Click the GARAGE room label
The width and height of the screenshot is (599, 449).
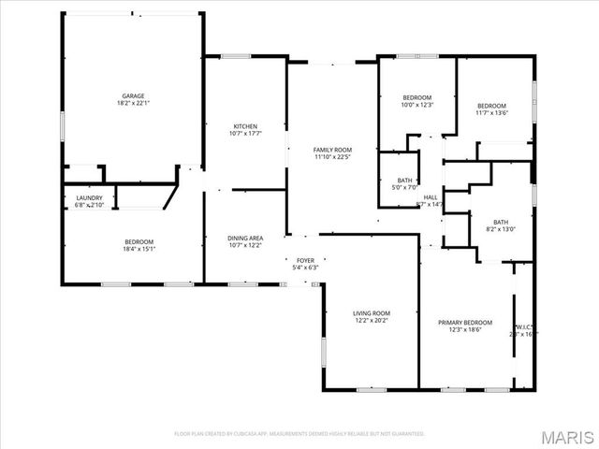point(132,96)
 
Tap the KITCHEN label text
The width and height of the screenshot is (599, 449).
point(245,126)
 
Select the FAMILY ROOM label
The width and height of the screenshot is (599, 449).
point(332,150)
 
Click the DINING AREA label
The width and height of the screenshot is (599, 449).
point(245,238)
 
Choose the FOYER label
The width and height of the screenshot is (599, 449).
point(306,260)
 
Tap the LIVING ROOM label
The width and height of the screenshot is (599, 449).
point(371,313)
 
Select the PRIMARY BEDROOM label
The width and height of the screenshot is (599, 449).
point(465,322)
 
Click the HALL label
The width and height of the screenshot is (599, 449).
point(431,197)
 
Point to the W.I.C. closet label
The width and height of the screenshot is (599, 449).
point(523,326)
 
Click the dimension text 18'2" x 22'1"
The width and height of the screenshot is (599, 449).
point(132,104)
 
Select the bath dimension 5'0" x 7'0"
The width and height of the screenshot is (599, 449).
point(404,187)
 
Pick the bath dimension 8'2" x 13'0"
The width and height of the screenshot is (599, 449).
point(501,229)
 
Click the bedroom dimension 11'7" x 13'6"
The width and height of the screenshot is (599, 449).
point(491,113)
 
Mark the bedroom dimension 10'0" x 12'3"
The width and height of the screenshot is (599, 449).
point(416,106)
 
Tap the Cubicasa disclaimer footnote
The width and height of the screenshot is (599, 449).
point(299,433)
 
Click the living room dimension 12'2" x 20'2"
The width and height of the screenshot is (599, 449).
point(371,321)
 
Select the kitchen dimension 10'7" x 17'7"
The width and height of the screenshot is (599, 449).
point(245,134)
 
